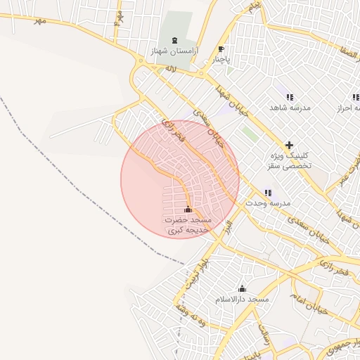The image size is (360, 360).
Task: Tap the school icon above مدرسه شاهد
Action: click(289, 97)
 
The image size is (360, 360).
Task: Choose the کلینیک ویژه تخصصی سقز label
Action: click(290, 160)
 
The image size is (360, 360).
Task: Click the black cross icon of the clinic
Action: click(289, 144)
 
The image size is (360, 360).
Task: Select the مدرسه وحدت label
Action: click(267, 203)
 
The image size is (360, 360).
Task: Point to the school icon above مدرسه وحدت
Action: click(267, 193)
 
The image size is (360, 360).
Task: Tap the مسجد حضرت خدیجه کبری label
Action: click(187, 225)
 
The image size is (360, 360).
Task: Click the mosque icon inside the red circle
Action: click(188, 209)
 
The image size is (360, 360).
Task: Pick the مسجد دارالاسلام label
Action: click(243, 300)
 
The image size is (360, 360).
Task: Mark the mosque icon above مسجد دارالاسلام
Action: click(243, 288)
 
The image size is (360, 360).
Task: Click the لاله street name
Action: click(171, 70)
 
